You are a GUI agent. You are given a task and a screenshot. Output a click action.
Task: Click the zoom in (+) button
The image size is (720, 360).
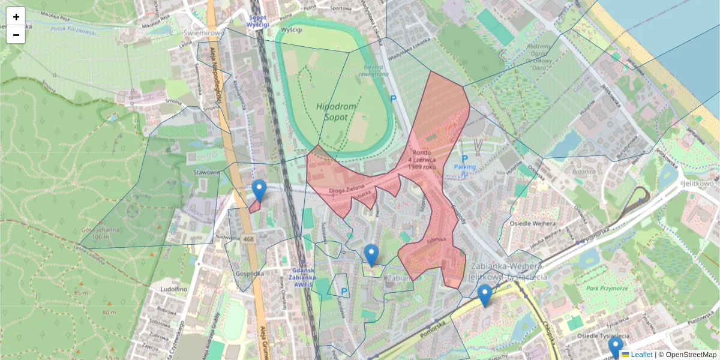coord(16,17)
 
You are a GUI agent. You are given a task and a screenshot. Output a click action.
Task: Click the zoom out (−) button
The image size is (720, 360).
coord(16,35)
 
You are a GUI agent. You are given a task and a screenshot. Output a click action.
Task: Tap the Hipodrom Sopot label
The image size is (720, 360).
coord(336,112)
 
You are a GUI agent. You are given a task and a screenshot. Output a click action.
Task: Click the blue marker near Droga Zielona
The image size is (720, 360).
coord(259,190)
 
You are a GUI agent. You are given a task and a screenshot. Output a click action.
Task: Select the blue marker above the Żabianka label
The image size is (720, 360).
coord(371,255)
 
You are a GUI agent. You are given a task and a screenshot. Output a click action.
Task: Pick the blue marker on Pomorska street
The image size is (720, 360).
coord(485,295)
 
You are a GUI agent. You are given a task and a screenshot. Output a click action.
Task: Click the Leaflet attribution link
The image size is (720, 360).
coord(641,355)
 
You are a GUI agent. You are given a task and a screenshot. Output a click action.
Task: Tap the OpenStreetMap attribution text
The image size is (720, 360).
coord(691,355)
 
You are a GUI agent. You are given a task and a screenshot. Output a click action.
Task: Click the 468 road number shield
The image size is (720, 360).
coord(248,239)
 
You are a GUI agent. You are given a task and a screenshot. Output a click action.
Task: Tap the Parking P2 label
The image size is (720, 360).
coord(464,167)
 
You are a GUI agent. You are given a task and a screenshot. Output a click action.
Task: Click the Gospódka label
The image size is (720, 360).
coord(250,273)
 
